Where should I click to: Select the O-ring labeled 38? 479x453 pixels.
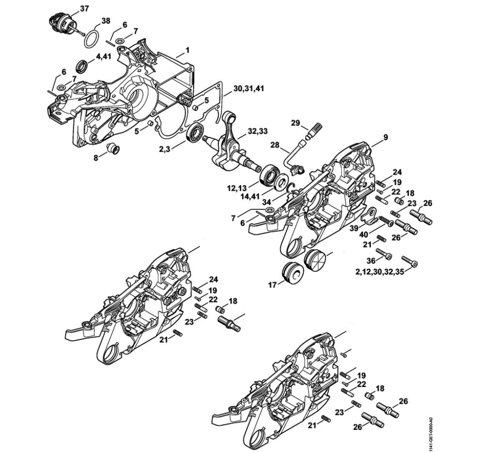(89, 39)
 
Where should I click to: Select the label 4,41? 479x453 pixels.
(103, 57)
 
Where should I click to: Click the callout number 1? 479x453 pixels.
(188, 50)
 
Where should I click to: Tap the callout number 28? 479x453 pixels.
(275, 145)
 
